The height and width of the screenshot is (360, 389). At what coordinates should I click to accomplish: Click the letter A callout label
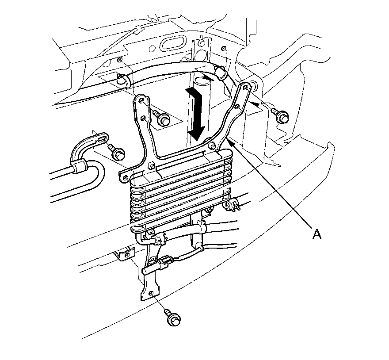point(317,233)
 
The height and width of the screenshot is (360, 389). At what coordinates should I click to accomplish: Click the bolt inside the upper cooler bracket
point(162,118)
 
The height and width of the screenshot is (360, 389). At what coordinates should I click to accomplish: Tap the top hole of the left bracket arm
point(141,101)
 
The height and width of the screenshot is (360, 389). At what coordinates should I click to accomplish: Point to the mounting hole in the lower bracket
point(152,293)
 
